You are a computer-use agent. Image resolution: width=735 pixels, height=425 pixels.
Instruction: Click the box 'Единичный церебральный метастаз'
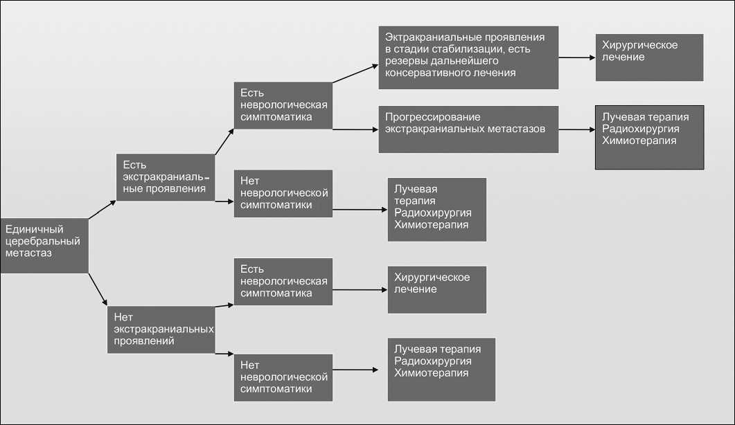(x=44, y=246)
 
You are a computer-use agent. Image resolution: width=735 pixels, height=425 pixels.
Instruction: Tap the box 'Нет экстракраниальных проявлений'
(x=161, y=329)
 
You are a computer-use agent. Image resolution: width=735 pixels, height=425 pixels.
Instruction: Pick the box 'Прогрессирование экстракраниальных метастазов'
(x=468, y=129)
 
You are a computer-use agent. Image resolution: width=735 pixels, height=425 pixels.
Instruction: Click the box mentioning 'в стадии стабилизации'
(x=468, y=57)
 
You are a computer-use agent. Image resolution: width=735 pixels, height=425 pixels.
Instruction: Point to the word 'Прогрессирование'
(x=433, y=117)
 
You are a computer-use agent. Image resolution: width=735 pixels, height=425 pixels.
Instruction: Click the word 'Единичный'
(x=33, y=229)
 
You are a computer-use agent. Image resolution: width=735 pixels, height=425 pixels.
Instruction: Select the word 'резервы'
(x=406, y=61)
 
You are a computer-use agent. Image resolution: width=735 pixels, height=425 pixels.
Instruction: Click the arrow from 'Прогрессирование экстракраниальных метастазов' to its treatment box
(x=576, y=129)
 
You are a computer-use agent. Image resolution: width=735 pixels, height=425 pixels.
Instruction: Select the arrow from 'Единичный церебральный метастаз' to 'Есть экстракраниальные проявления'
(x=102, y=210)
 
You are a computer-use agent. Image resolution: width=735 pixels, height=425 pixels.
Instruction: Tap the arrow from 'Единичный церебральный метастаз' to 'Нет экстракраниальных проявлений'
(x=98, y=289)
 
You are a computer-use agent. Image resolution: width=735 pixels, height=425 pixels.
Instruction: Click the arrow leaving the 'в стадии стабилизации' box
(x=576, y=57)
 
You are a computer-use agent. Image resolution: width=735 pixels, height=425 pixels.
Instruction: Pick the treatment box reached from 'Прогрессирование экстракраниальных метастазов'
(x=650, y=136)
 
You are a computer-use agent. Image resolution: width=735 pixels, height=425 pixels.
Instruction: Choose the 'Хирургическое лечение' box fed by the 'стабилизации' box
(x=649, y=57)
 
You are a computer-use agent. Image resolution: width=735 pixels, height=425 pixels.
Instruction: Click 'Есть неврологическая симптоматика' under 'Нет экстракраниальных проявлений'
(x=283, y=281)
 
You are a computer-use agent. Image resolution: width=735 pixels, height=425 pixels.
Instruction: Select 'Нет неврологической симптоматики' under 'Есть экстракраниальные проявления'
(x=283, y=193)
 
